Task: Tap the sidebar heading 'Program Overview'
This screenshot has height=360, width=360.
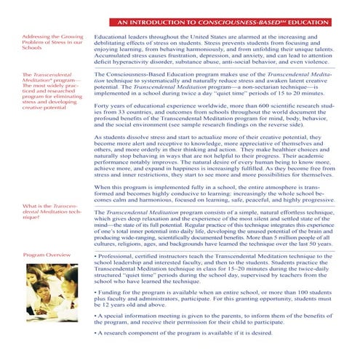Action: coord(47,255)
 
